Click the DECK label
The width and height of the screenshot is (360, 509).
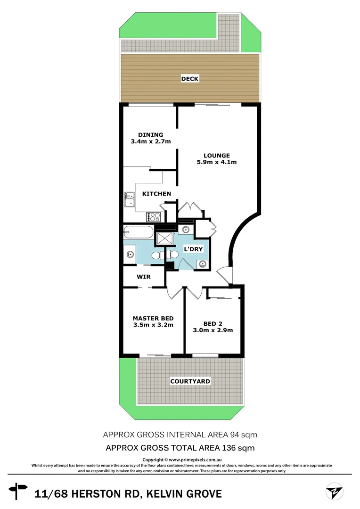coord(190,79)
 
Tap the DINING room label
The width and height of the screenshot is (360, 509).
coord(150,134)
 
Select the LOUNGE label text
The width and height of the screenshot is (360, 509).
coord(217,155)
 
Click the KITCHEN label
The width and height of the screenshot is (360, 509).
coord(156,194)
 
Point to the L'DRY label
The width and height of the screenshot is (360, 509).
coord(193,249)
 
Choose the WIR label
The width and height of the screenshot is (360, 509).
coord(144,277)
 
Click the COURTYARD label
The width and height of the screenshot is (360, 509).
coord(190,381)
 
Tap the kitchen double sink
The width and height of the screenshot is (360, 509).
coord(129,199)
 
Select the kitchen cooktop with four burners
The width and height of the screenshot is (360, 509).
coord(155,217)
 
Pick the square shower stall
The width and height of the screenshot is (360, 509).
coord(165,238)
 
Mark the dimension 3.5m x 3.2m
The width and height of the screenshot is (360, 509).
coord(153,325)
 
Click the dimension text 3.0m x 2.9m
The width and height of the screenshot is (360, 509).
coord(213,330)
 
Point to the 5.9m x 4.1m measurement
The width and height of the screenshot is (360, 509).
coord(217,162)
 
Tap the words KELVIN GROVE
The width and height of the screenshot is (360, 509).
coord(184,494)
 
